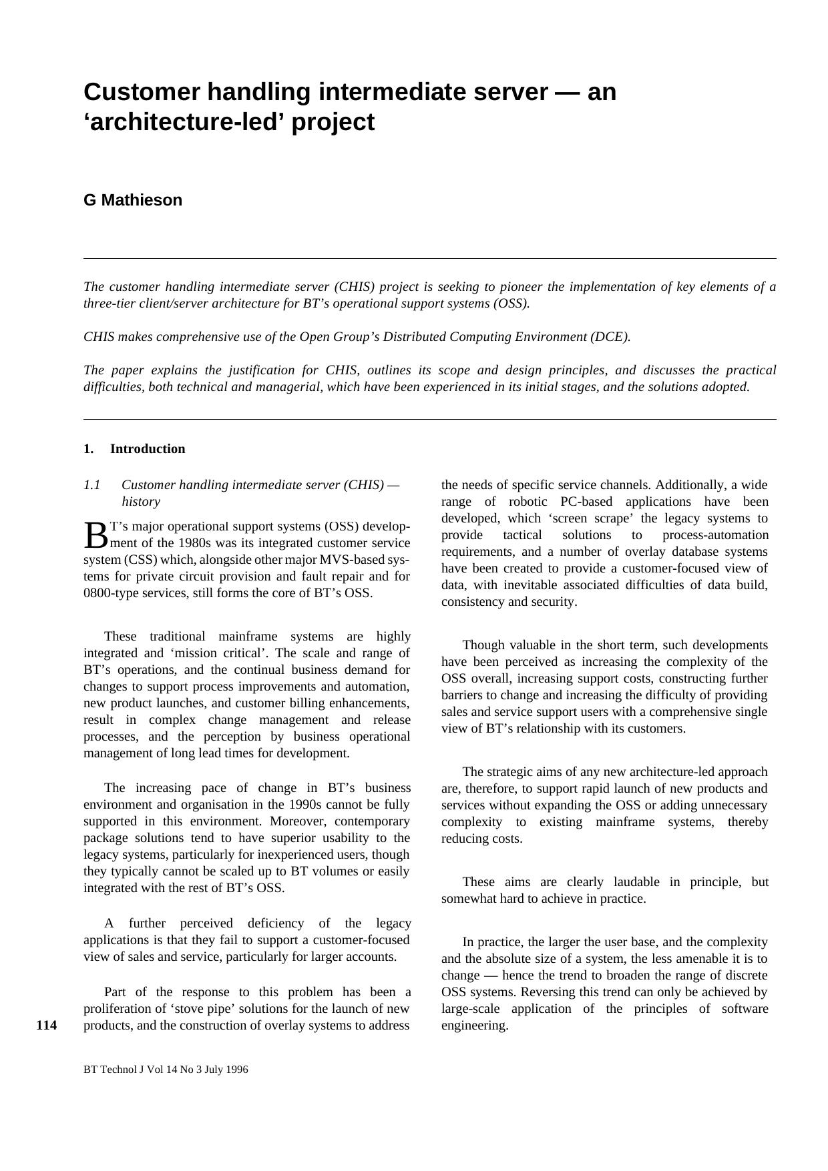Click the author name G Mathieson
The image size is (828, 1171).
(x=133, y=200)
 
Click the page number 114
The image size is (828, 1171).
(x=46, y=1026)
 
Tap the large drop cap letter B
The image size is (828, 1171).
(x=95, y=534)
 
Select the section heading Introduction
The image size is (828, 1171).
(x=148, y=449)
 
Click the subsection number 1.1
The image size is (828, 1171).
(x=92, y=485)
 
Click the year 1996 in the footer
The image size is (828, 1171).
(x=236, y=1070)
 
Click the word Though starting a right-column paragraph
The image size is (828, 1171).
(x=482, y=645)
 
